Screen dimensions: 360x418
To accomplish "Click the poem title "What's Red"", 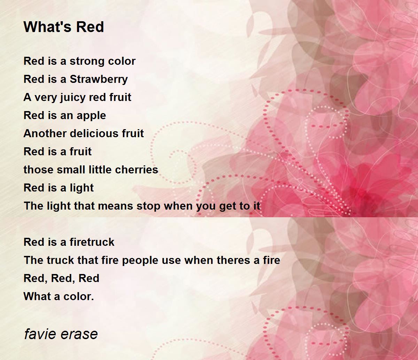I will (64, 27).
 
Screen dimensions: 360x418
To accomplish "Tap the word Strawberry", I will (99, 79).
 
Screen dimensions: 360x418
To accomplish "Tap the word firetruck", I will (92, 242).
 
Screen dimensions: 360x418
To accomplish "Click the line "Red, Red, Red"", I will (61, 279).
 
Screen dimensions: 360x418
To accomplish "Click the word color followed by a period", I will (78, 297).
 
